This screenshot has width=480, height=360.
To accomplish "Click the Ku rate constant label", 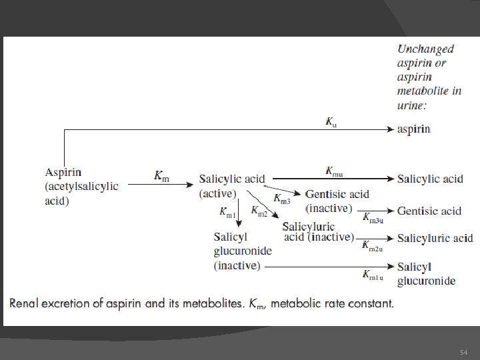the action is pyautogui.click(x=331, y=122).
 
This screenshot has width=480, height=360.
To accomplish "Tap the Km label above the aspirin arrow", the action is pyautogui.click(x=161, y=176).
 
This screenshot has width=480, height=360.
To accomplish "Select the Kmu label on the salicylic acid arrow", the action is pyautogui.click(x=334, y=171).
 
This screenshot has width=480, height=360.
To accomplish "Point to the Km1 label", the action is pyautogui.click(x=227, y=212).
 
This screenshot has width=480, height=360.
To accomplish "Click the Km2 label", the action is pyautogui.click(x=259, y=211).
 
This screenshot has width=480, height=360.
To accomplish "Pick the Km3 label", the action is pyautogui.click(x=281, y=199).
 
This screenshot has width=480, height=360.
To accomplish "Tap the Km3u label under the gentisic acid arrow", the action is pyautogui.click(x=373, y=218).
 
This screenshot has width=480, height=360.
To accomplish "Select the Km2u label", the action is pyautogui.click(x=372, y=246).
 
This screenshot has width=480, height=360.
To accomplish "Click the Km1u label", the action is pyautogui.click(x=373, y=275).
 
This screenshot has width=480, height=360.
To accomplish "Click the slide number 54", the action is pyautogui.click(x=463, y=353).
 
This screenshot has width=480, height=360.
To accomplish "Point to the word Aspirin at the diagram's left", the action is pyautogui.click(x=63, y=173).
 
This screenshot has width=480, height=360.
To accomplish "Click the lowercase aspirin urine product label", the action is pyautogui.click(x=413, y=129).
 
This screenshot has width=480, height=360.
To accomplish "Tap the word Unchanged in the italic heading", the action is pyautogui.click(x=425, y=49).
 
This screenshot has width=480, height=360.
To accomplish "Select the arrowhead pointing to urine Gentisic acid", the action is pyautogui.click(x=390, y=211).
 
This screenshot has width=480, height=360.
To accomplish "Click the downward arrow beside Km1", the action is pyautogui.click(x=239, y=213).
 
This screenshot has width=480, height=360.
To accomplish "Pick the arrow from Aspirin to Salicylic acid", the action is pyautogui.click(x=161, y=184).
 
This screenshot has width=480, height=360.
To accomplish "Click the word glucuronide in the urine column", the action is pyautogui.click(x=426, y=281).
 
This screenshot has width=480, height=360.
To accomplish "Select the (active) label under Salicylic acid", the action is pyautogui.click(x=217, y=193).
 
